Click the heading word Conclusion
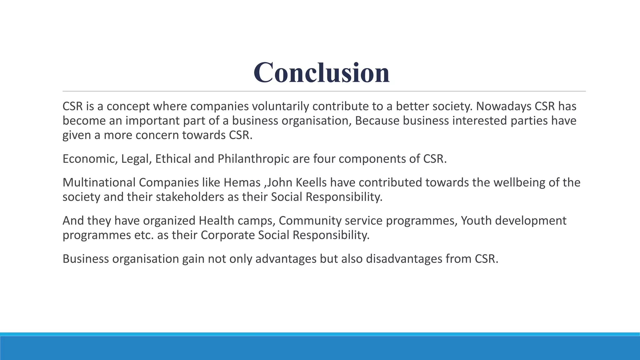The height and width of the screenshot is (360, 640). point(322,72)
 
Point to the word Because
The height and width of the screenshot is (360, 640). point(377,121)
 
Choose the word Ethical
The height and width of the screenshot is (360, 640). point(173,159)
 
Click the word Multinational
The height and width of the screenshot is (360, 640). point(99,183)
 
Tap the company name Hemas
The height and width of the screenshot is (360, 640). point(242,183)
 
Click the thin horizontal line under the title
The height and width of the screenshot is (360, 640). point(324,91)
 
